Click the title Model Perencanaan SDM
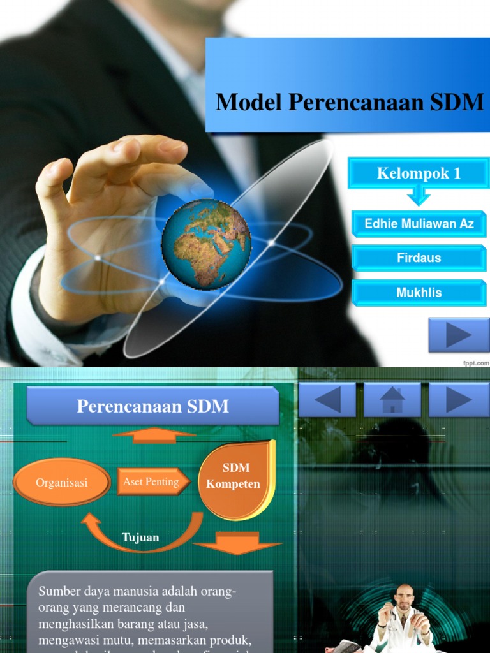pyautogui.click(x=350, y=102)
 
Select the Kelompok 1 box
pyautogui.click(x=419, y=173)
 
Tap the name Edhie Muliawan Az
pyautogui.click(x=419, y=224)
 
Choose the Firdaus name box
pyautogui.click(x=419, y=258)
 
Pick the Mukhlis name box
pyautogui.click(x=419, y=293)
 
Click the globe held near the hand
pyautogui.click(x=206, y=243)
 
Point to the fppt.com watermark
pyautogui.click(x=476, y=362)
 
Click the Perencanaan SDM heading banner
pyautogui.click(x=152, y=406)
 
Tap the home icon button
pyautogui.click(x=392, y=400)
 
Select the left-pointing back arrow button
pyautogui.click(x=327, y=400)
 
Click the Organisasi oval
pyautogui.click(x=62, y=483)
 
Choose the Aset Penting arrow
pyautogui.click(x=153, y=482)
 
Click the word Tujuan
pyautogui.click(x=140, y=538)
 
